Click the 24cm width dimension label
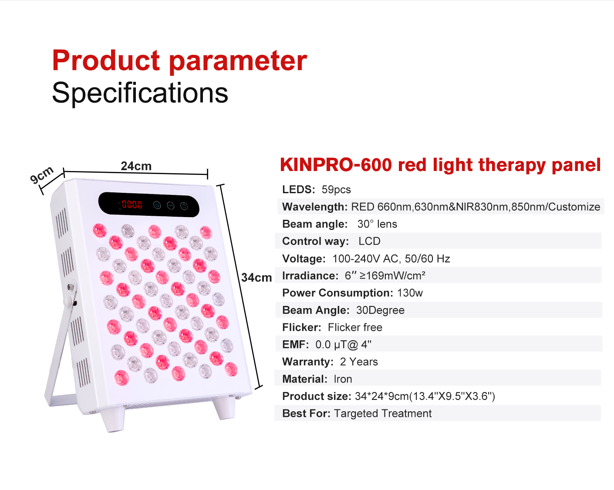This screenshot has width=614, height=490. click(x=136, y=166)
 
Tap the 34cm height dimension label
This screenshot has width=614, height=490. click(x=256, y=278)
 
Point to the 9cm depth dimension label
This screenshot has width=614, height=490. click(x=42, y=174)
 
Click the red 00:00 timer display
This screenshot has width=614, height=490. click(x=132, y=204)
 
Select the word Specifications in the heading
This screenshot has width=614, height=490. click(x=140, y=93)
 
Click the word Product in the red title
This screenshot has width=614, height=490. click(x=106, y=60)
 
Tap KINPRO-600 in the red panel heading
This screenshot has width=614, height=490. click(x=336, y=165)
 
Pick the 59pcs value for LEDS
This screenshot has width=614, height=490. click(x=336, y=190)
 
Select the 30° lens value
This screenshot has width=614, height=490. click(x=377, y=224)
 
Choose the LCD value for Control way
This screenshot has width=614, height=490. click(x=369, y=241)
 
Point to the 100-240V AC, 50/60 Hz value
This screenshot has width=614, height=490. click(x=391, y=258)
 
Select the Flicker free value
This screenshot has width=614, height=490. click(x=355, y=327)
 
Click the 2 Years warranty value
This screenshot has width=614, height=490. click(x=359, y=362)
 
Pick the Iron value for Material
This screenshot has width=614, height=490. click(x=343, y=379)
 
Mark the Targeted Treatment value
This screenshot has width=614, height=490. click(x=383, y=413)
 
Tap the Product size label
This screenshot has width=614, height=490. click(x=317, y=396)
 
